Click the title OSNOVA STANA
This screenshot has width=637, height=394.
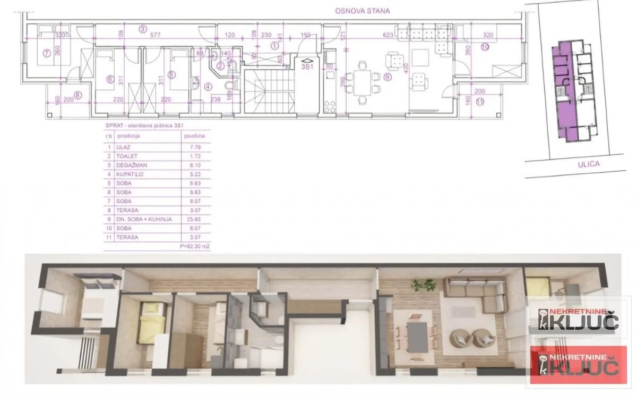(362, 11)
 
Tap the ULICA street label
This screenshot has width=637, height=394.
(588, 164)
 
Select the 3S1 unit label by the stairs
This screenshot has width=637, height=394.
(307, 67)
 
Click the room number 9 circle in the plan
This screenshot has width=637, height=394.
(387, 77)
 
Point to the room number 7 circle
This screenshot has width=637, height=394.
(46, 53)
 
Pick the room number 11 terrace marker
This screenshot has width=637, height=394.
(480, 102)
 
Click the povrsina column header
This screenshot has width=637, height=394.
(194, 136)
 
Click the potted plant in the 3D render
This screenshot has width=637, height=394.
(425, 285)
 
